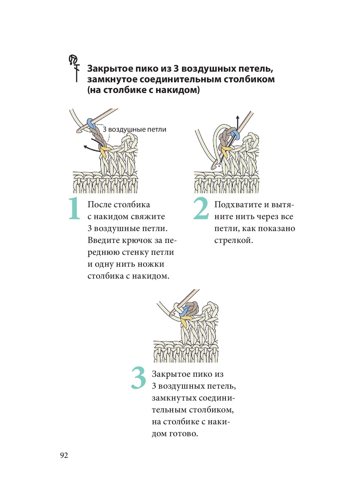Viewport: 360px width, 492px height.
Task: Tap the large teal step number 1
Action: tap(74, 209)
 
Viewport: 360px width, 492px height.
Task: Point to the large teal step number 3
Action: tap(138, 378)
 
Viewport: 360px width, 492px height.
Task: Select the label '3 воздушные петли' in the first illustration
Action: tap(134, 129)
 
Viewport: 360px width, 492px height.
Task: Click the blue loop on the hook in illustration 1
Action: tap(91, 123)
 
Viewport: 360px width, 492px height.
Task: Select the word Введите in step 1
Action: tap(103, 241)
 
